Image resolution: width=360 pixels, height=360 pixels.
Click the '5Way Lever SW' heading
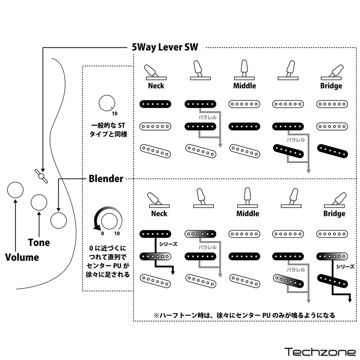pos(165,47)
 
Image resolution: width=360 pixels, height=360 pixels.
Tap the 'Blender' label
pos(106,179)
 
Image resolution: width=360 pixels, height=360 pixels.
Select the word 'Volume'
pos(22,257)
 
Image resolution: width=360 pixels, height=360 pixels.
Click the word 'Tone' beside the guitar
pos(39,242)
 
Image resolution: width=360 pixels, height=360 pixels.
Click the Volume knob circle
pos(15,190)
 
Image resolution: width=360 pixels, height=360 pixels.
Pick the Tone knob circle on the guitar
pos(39,202)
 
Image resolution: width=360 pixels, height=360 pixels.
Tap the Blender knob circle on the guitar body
pos(58,220)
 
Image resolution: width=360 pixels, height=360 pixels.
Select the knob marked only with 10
pos(105,103)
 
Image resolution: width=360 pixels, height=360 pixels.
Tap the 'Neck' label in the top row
pos(156,86)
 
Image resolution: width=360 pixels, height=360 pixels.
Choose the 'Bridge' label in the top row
pos(331,86)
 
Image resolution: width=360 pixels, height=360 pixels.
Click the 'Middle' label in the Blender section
pos(247,213)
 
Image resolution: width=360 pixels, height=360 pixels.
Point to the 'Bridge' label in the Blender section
pos(334,213)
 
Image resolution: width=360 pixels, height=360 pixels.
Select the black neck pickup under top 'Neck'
pos(155,104)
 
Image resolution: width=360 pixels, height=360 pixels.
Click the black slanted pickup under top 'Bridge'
pos(332,151)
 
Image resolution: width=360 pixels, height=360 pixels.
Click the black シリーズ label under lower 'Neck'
pos(168,244)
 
